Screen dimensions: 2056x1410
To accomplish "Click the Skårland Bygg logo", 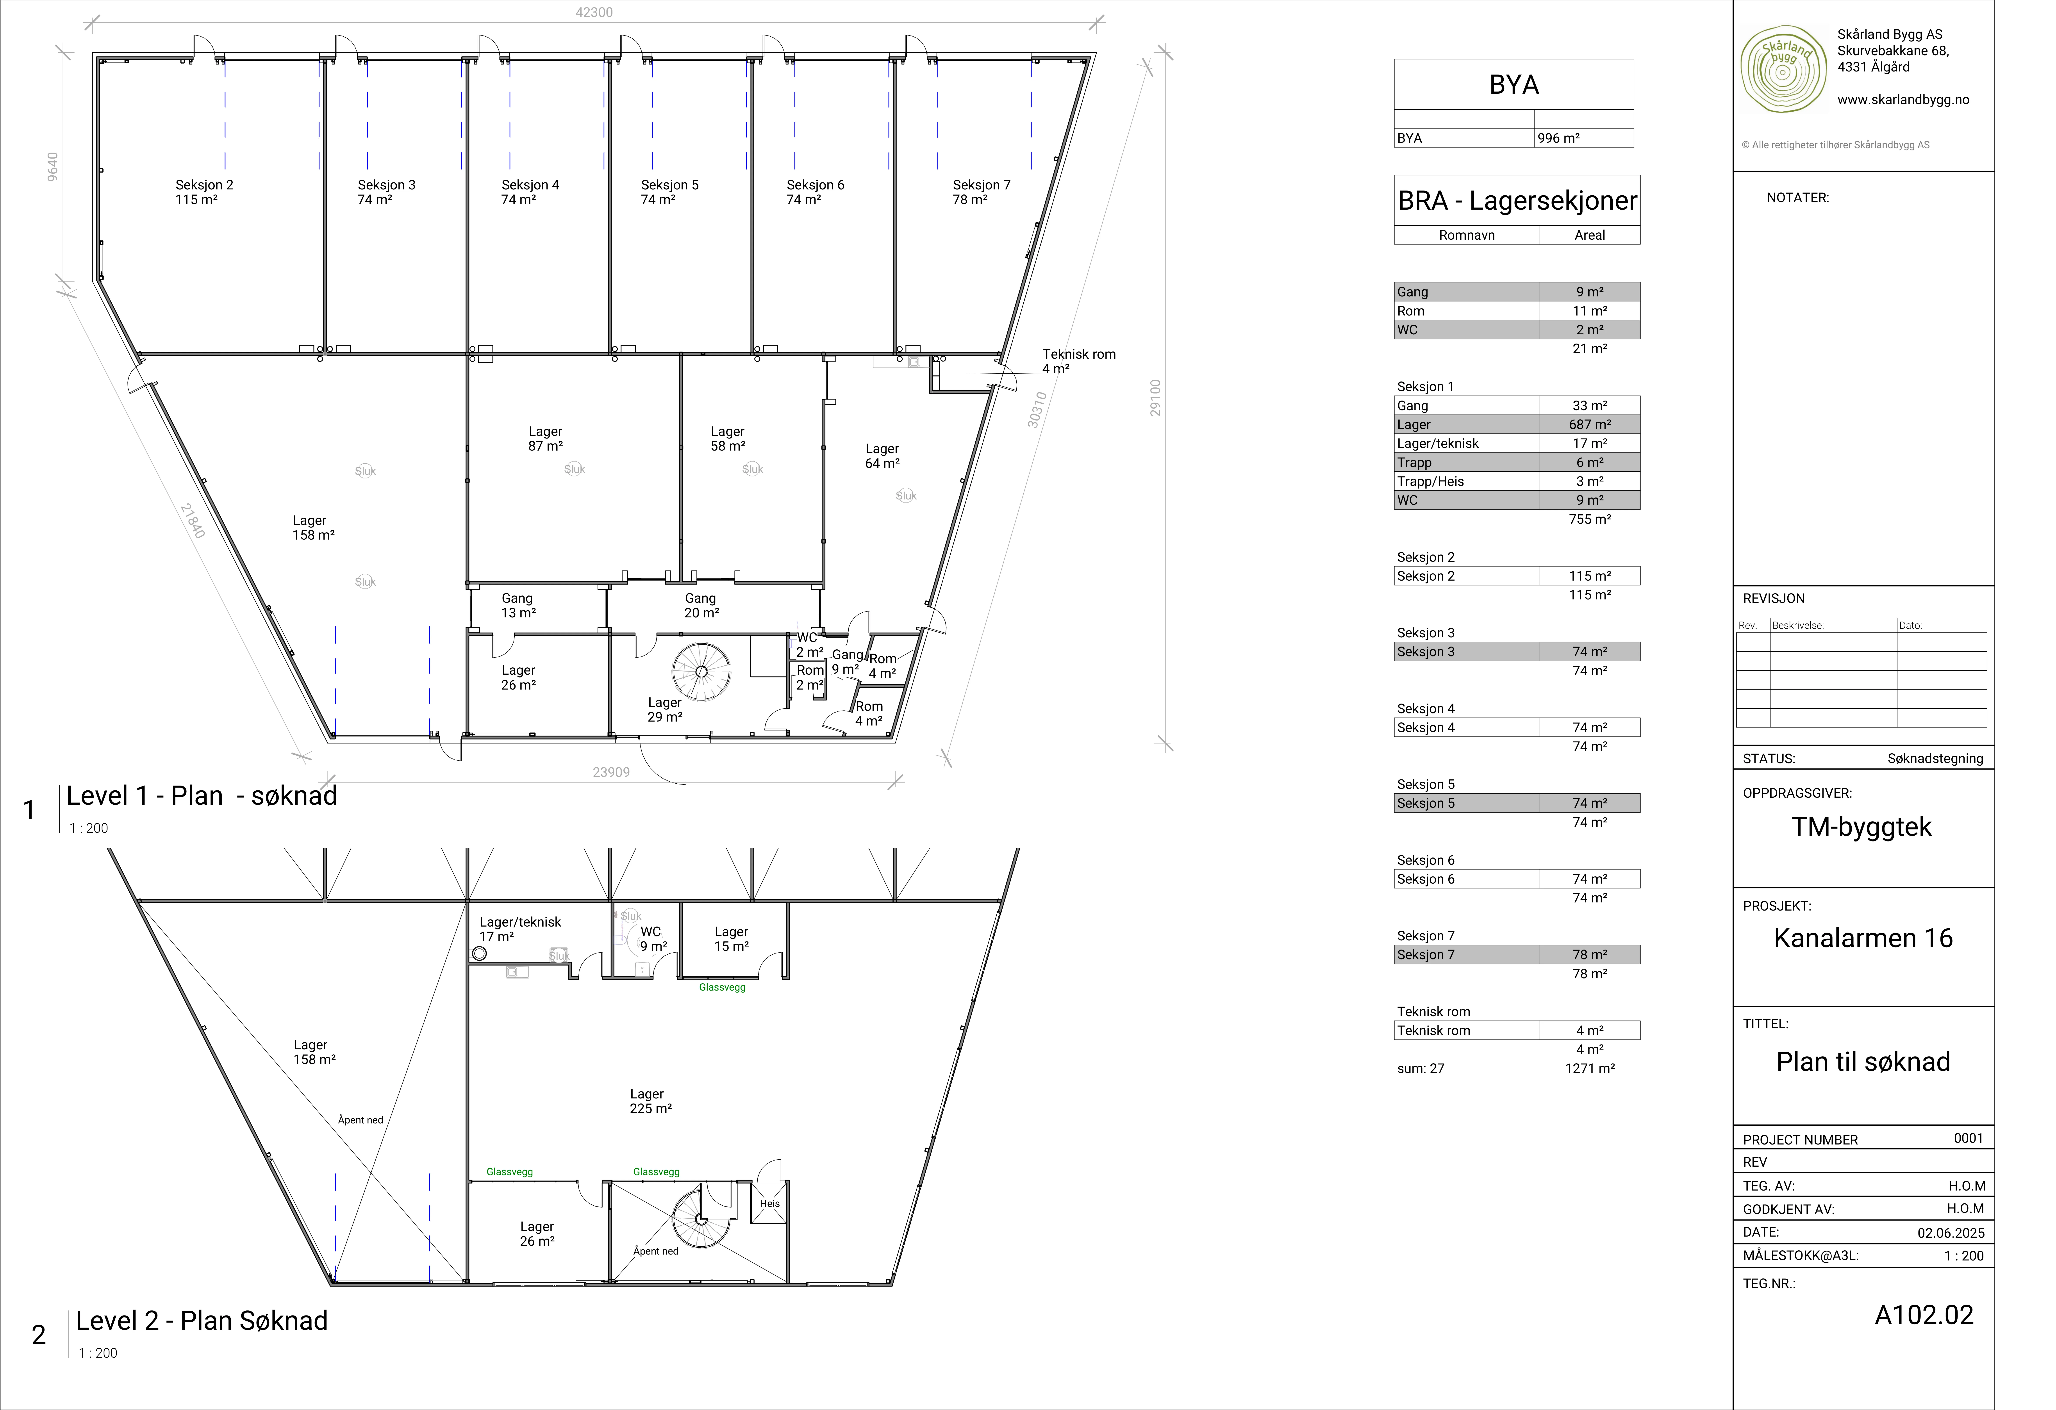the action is (1783, 69).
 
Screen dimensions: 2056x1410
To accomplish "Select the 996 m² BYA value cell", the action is (1584, 138).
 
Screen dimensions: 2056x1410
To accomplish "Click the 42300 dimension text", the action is (594, 12).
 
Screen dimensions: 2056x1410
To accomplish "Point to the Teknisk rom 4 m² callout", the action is (1078, 361).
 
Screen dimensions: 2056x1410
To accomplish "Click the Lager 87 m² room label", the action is (545, 439).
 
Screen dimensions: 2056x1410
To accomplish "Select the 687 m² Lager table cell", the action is (1590, 425).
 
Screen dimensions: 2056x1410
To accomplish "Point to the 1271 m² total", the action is (1590, 1069).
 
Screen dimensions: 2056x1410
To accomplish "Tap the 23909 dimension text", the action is (611, 772).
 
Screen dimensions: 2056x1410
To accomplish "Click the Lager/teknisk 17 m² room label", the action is (520, 929).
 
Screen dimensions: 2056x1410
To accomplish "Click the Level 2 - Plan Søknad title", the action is (202, 1321).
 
